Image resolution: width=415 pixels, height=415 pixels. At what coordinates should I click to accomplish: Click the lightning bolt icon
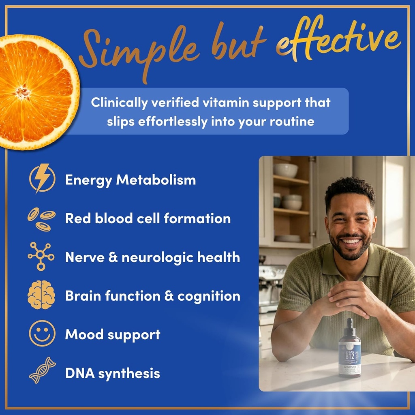[42, 178]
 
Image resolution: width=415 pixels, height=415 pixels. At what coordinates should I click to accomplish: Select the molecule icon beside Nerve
[41, 257]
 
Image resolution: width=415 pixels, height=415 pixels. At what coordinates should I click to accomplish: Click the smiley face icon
[42, 334]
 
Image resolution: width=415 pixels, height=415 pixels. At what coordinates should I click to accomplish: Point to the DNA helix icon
[42, 370]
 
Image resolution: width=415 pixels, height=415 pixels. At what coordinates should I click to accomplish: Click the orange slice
[36, 91]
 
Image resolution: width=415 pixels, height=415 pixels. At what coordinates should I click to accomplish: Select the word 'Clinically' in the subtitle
[119, 103]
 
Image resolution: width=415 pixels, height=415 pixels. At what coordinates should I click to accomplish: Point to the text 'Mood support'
[113, 335]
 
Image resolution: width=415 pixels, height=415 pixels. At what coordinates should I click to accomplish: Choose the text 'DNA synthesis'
[113, 373]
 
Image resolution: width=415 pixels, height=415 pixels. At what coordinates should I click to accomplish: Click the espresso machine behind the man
[271, 284]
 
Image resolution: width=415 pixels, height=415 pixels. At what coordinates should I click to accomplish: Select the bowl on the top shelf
[285, 170]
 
